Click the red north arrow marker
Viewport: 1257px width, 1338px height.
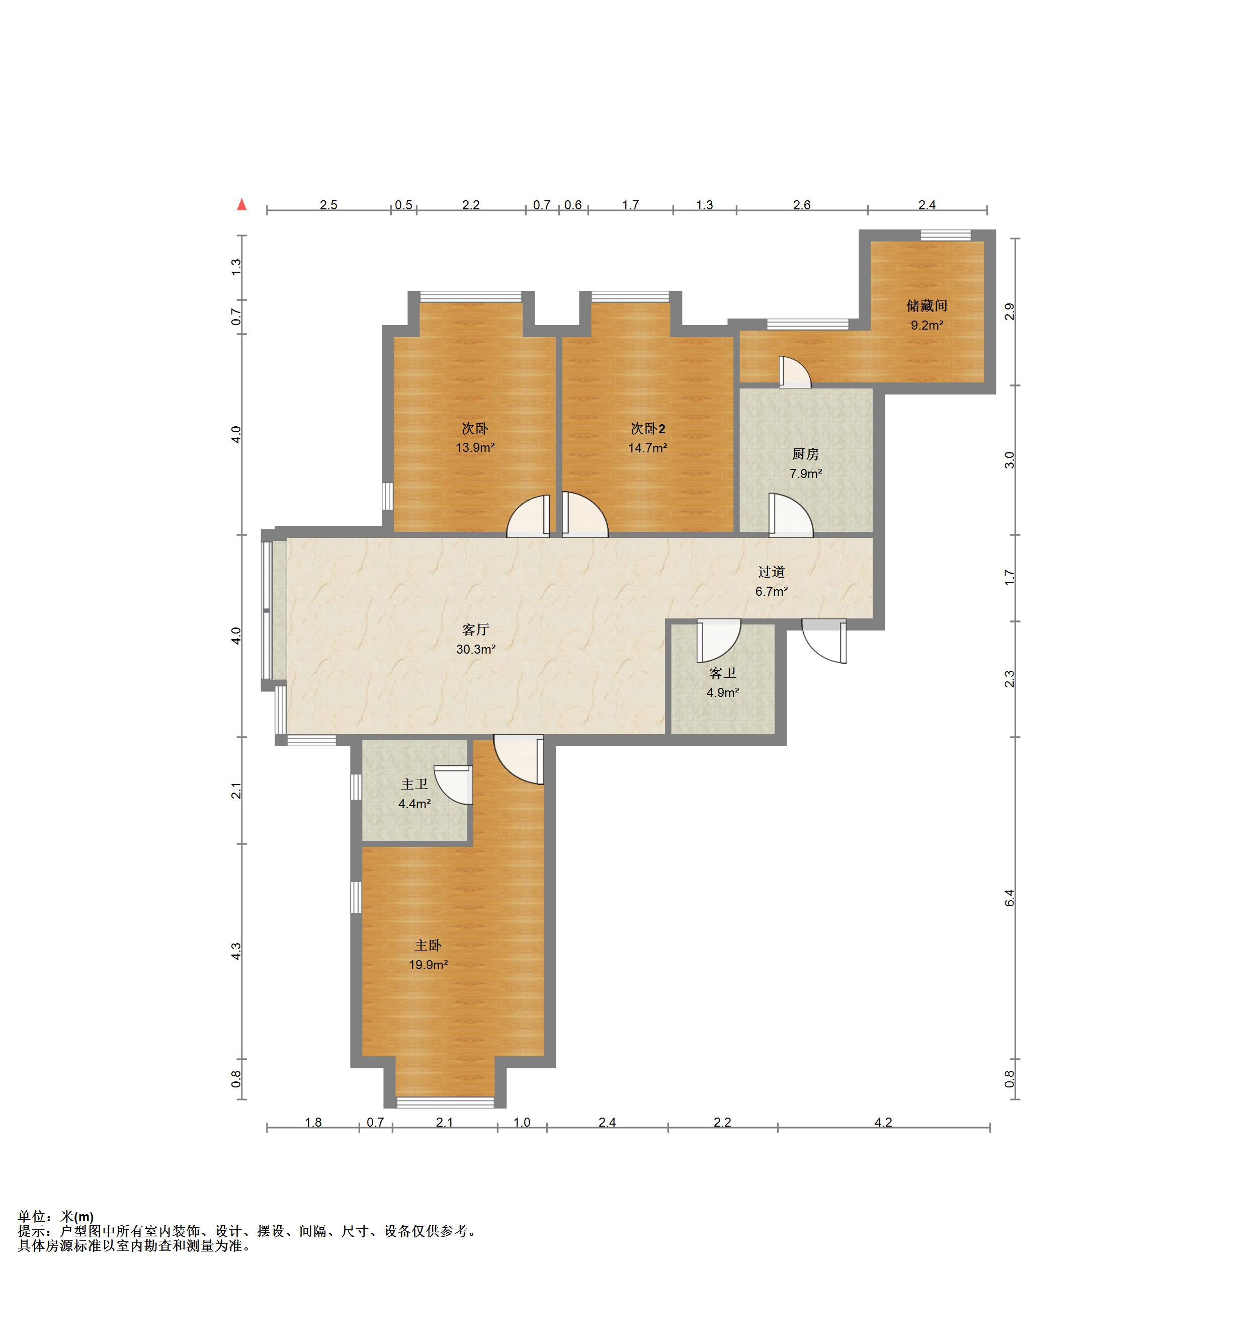click(241, 205)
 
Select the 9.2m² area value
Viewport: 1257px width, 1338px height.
click(927, 326)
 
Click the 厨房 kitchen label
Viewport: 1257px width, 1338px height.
click(805, 454)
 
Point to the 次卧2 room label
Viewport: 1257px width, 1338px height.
click(647, 429)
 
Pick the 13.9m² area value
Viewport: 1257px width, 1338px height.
click(475, 447)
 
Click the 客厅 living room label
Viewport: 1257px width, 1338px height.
click(476, 630)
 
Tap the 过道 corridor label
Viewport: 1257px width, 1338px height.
click(772, 572)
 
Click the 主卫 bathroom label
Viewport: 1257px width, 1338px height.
click(414, 784)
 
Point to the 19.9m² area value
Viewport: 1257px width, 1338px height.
click(429, 965)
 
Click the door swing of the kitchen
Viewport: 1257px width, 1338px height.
click(791, 515)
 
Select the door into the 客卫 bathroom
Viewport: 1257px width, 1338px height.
click(719, 641)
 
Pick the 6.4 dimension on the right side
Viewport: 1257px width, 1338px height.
click(1009, 897)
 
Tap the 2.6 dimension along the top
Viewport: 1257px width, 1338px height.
click(801, 205)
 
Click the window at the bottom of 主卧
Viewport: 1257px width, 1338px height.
click(445, 1103)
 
